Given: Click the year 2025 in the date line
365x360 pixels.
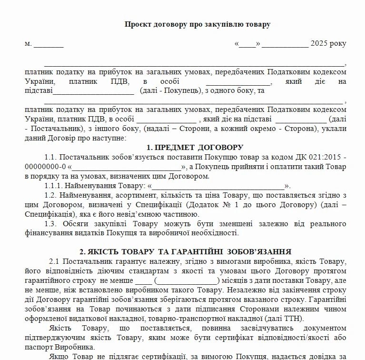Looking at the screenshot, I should coord(320,44).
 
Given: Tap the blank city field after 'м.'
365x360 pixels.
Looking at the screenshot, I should coord(48,44).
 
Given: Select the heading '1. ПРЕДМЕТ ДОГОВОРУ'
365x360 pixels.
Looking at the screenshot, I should coord(195,147).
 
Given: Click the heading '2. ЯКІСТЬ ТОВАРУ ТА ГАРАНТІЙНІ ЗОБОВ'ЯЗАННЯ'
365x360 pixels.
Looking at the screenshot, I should coord(185,251).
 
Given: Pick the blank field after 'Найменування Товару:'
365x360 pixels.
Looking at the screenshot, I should coord(218,186).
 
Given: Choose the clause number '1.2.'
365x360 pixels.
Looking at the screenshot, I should coord(50,195).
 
